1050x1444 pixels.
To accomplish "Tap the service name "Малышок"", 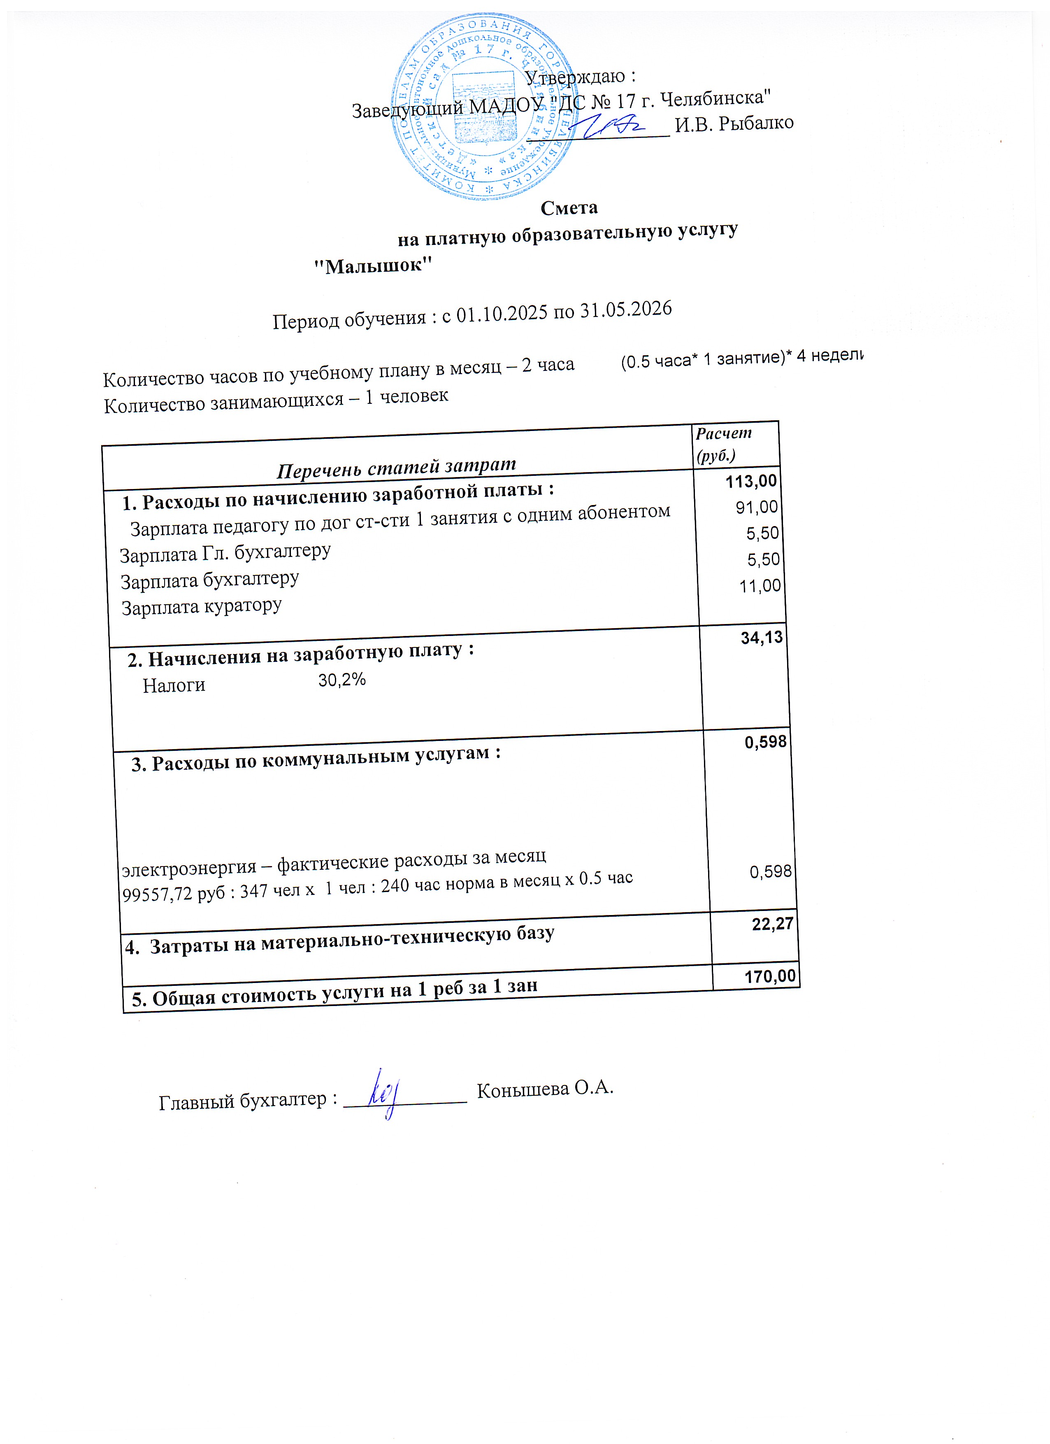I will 374,265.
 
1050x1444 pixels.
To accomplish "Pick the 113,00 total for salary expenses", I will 751,481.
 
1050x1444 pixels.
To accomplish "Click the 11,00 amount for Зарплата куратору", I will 759,586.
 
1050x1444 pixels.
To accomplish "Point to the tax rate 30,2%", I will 342,680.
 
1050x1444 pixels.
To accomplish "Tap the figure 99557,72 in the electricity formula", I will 156,894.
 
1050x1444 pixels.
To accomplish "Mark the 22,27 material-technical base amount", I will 773,924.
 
